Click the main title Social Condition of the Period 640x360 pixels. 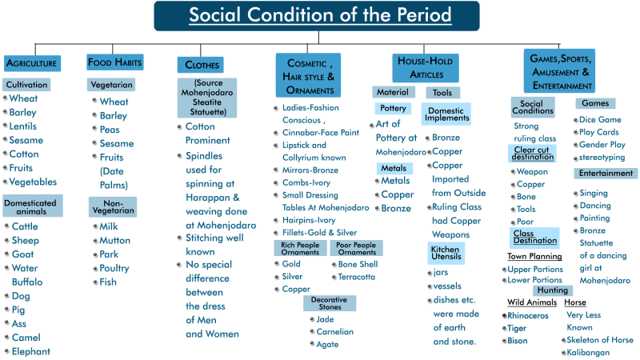click(x=320, y=15)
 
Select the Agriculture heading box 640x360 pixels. click(x=32, y=62)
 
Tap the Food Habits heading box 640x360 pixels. click(x=115, y=62)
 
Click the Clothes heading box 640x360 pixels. click(x=200, y=65)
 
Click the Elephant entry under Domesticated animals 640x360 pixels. click(x=30, y=351)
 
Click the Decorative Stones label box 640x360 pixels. click(x=330, y=303)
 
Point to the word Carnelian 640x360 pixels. click(x=334, y=331)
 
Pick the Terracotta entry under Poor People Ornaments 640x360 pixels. click(x=356, y=277)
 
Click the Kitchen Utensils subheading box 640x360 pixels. click(x=445, y=253)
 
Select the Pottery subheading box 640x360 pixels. click(x=393, y=108)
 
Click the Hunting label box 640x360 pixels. click(x=553, y=290)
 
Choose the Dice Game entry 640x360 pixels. click(x=600, y=120)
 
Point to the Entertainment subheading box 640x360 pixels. click(x=606, y=174)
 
